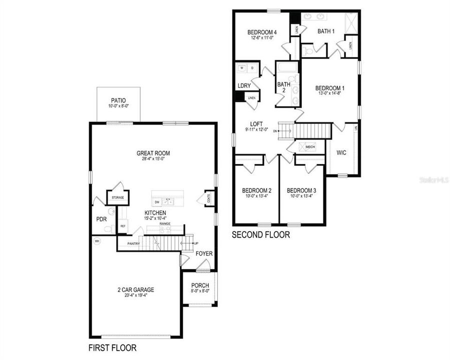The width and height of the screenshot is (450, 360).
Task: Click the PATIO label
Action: click(119, 100)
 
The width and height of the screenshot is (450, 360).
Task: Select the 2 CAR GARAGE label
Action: click(136, 289)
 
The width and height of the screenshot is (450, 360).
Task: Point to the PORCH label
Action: click(200, 285)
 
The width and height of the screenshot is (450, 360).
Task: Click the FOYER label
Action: click(204, 253)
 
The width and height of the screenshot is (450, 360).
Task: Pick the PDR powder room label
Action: click(101, 219)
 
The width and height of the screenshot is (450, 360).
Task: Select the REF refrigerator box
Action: click(123, 226)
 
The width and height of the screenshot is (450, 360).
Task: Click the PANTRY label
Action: click(133, 243)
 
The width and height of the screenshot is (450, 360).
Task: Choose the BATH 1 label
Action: click(326, 31)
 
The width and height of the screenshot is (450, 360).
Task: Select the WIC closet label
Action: click(341, 152)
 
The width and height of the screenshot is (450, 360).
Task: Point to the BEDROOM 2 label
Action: click(257, 190)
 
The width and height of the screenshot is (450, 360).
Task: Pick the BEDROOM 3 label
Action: click(301, 190)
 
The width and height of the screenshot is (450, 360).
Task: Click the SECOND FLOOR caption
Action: click(261, 234)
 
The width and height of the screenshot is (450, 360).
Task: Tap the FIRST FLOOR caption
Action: click(112, 347)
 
